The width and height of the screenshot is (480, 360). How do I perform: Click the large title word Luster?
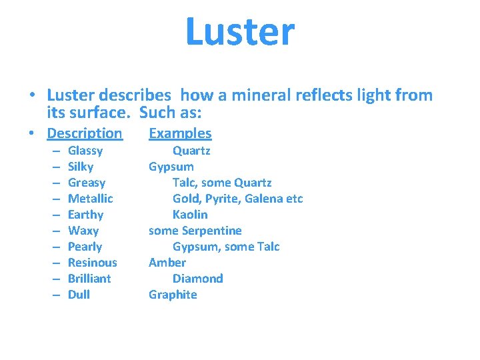[240, 32]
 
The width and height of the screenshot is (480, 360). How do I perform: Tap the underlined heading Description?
[85, 133]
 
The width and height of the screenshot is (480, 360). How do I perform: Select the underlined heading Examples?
[180, 133]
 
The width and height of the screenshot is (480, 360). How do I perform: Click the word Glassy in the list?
[85, 151]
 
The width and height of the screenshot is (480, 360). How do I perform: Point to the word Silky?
[81, 167]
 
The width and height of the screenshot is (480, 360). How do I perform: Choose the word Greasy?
[87, 183]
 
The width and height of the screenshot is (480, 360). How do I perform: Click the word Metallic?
[91, 199]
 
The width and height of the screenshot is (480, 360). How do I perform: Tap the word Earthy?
[85, 215]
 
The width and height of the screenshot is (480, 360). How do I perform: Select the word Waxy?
[83, 231]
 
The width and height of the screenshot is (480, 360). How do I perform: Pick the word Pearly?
[85, 247]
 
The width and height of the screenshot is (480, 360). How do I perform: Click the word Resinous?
[92, 263]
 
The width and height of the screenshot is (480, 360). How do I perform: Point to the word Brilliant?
[89, 279]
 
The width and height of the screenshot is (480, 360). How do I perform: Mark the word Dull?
[79, 295]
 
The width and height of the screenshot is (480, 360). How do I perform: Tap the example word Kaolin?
[190, 215]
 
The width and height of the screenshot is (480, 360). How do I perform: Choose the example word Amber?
[167, 263]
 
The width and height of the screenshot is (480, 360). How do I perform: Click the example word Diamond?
[197, 279]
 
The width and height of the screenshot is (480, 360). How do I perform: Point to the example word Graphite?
[173, 295]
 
